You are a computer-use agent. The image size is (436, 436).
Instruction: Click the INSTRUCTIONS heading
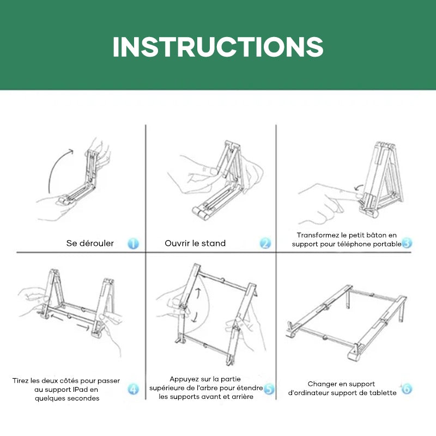[218, 47]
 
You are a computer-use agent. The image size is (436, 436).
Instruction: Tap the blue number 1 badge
[133, 243]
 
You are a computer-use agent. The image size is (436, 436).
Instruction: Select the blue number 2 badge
[265, 243]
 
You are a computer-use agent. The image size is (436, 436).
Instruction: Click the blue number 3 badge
[407, 243]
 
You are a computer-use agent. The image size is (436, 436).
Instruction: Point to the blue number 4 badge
[133, 389]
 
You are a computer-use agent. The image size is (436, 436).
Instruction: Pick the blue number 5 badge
[269, 389]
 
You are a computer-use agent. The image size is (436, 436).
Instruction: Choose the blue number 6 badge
[407, 389]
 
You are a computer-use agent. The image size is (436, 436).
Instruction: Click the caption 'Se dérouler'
[90, 243]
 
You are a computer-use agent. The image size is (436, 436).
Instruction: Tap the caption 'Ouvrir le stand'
[195, 243]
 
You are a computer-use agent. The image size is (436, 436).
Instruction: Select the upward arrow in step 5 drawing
[198, 293]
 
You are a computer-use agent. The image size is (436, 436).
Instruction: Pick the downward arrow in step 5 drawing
[195, 317]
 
